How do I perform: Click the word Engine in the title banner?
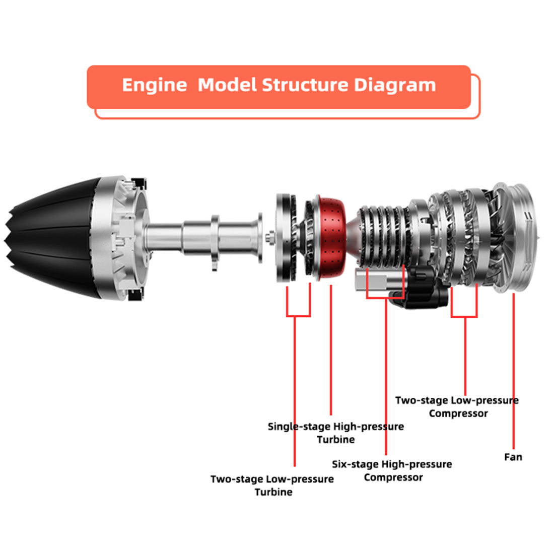point(154,85)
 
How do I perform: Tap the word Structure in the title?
point(305,85)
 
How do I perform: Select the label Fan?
point(513,457)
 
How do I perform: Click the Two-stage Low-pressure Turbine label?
point(272,485)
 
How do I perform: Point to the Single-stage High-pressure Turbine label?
point(335,433)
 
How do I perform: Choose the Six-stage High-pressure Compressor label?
point(392,470)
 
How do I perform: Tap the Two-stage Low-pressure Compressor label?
point(457,407)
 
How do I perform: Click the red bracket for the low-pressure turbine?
point(298,316)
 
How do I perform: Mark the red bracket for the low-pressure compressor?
point(464,317)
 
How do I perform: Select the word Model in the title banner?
point(227,85)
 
